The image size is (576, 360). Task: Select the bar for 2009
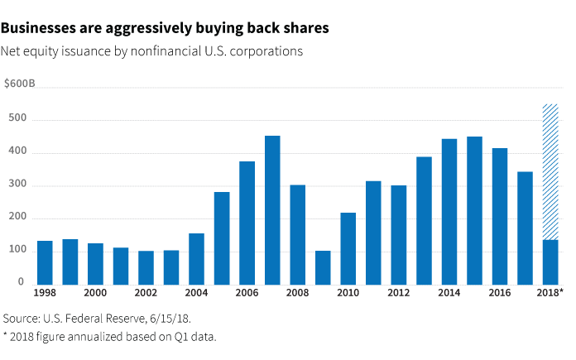click(x=323, y=266)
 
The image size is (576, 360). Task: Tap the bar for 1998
click(x=45, y=262)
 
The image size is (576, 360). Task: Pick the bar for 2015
click(x=474, y=209)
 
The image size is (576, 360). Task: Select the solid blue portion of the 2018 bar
click(x=550, y=262)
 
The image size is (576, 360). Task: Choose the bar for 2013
click(x=424, y=219)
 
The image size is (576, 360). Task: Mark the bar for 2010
click(x=348, y=247)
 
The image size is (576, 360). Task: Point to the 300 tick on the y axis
click(x=13, y=185)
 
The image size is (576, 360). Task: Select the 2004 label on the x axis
click(x=196, y=293)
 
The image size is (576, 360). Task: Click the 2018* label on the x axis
click(x=550, y=293)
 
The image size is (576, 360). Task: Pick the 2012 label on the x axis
click(x=399, y=293)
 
